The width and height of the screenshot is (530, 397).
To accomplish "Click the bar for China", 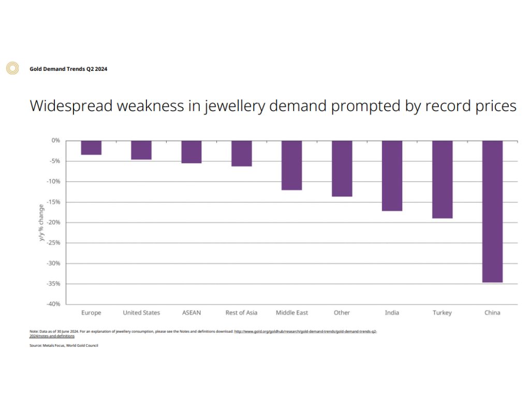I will pos(492,211).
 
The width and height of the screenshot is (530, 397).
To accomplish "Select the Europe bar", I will pos(91,148).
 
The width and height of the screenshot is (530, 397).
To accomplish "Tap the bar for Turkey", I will pos(442,179).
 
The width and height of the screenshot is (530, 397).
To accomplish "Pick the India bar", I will pos(392,176).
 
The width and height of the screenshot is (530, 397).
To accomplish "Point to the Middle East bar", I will pos(291,165).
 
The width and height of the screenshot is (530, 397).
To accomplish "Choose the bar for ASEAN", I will pos(192,152).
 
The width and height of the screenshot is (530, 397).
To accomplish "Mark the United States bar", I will pos(141,150).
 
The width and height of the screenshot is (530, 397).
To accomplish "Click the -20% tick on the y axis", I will pos(52,222).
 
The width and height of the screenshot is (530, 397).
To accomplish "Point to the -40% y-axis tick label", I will pos(52,304).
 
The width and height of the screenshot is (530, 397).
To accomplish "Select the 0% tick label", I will pos(55,141).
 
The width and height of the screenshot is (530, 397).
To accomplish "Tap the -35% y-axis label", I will pos(52,284).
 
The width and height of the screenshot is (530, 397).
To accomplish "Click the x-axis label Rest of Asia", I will pos(241,313).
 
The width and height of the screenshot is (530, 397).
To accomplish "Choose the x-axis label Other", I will pos(342,313).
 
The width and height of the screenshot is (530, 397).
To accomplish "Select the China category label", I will pos(492,313).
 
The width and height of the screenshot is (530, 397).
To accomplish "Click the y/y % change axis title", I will pos(41,222).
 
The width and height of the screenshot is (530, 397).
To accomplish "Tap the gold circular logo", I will pos(12,68).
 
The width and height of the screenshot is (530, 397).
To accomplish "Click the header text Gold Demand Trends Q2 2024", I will pos(68,69).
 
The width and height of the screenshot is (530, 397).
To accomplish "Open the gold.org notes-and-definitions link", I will pos(305,331).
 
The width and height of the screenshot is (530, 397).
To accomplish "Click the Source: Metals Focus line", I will pos(64,345).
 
